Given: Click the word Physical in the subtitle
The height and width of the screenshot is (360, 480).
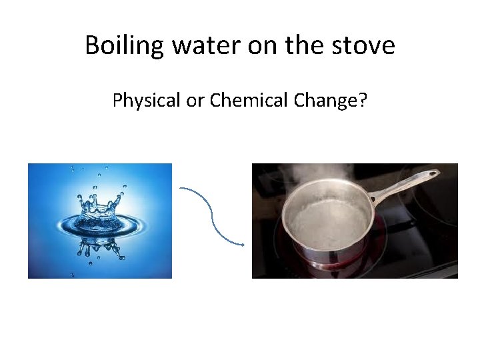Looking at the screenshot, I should tap(142, 101).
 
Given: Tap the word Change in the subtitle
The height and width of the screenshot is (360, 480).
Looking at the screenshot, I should tap(323, 101).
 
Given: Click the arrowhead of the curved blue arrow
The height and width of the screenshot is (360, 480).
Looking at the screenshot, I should tap(242, 244).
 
